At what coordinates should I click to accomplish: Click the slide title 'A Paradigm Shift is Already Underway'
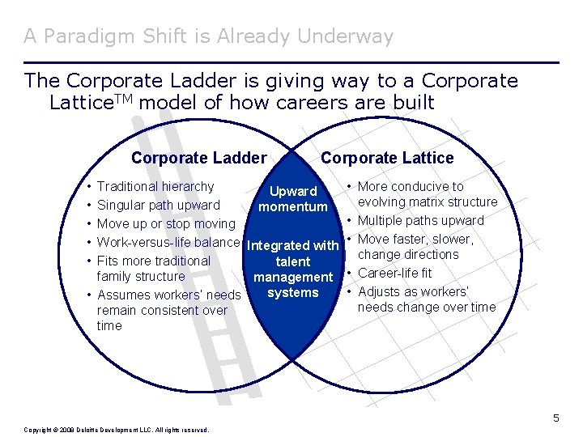tap(208, 36)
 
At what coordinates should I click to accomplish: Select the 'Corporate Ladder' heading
tap(198, 158)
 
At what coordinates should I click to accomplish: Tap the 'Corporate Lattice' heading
tap(387, 158)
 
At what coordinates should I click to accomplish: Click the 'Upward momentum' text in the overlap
tap(293, 199)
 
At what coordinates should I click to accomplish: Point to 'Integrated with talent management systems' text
tap(293, 269)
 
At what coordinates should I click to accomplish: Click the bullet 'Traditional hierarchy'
tap(155, 187)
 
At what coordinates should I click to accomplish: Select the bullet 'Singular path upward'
tap(158, 206)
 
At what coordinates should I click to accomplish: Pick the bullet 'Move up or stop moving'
tap(165, 224)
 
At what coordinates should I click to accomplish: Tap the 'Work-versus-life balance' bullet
tap(168, 243)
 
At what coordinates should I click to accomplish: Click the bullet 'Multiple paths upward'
tap(420, 221)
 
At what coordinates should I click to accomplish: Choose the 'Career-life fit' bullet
tap(394, 274)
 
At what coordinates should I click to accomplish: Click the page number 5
tap(556, 418)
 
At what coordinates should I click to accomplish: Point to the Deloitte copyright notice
tap(117, 430)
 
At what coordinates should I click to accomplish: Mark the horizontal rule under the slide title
tap(291, 62)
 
